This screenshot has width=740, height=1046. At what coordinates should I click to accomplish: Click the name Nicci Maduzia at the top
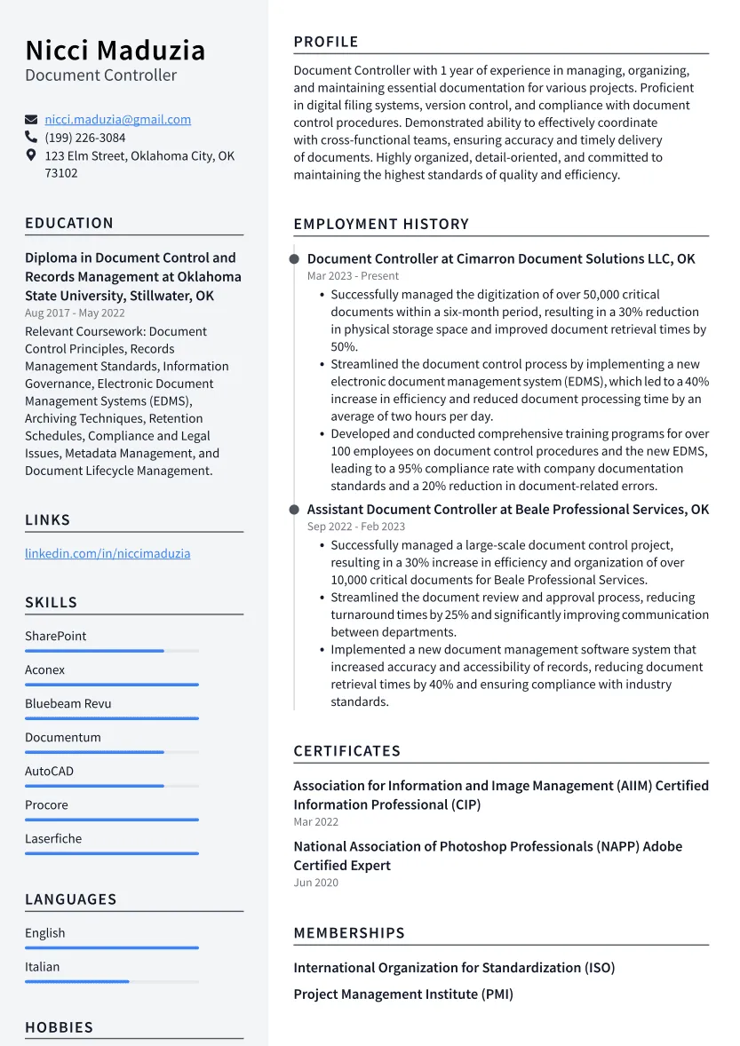pyautogui.click(x=115, y=50)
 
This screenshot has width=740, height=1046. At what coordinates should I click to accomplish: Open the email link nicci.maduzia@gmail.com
pyautogui.click(x=118, y=120)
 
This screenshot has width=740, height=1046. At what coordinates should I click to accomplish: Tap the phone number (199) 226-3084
pyautogui.click(x=85, y=138)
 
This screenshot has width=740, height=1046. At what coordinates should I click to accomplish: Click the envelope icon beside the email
pyautogui.click(x=31, y=120)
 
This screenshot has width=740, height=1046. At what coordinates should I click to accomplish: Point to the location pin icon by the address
pyautogui.click(x=31, y=156)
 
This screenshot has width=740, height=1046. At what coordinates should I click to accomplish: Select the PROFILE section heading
pyautogui.click(x=326, y=42)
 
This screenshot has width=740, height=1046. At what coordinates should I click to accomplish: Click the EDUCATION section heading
pyautogui.click(x=69, y=223)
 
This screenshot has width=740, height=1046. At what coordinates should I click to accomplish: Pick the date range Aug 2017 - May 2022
pyautogui.click(x=75, y=313)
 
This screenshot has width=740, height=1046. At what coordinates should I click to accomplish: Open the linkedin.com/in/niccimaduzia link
pyautogui.click(x=107, y=553)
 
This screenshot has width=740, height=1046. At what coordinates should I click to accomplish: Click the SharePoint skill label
pyautogui.click(x=56, y=636)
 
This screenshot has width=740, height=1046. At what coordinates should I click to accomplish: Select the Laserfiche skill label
pyautogui.click(x=53, y=838)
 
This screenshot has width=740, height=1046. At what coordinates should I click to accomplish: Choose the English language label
pyautogui.click(x=45, y=932)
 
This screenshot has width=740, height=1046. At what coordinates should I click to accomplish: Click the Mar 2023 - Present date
pyautogui.click(x=353, y=276)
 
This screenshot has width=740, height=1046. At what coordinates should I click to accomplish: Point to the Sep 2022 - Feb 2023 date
pyautogui.click(x=355, y=527)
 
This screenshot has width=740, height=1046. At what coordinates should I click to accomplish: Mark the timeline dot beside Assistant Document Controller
pyautogui.click(x=294, y=510)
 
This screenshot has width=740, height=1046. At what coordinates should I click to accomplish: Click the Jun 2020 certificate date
pyautogui.click(x=315, y=883)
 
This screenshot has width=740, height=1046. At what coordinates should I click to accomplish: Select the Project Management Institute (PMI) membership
pyautogui.click(x=403, y=994)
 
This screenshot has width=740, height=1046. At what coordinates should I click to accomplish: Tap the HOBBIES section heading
pyautogui.click(x=60, y=1027)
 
